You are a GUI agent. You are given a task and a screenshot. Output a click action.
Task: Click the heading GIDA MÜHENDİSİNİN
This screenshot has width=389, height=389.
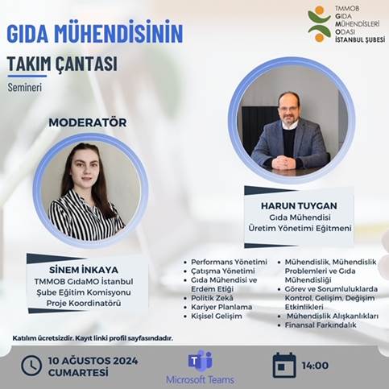tap(94, 34)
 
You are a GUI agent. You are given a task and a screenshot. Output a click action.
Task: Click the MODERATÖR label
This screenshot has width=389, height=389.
tap(88, 122)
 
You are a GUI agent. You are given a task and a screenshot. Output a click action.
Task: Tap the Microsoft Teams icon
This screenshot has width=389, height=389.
tap(200, 360)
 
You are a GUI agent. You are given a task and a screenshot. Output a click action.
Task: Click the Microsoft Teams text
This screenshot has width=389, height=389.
tap(200, 379)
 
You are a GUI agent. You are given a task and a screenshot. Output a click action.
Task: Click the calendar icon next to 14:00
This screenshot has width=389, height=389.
tap(283, 365)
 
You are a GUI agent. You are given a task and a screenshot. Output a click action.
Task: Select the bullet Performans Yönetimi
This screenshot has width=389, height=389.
tap(229, 262)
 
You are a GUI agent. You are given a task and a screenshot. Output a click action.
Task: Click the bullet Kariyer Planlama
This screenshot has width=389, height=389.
tap(221, 307)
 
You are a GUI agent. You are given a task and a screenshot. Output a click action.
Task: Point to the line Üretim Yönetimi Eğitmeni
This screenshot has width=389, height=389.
tap(289, 229)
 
